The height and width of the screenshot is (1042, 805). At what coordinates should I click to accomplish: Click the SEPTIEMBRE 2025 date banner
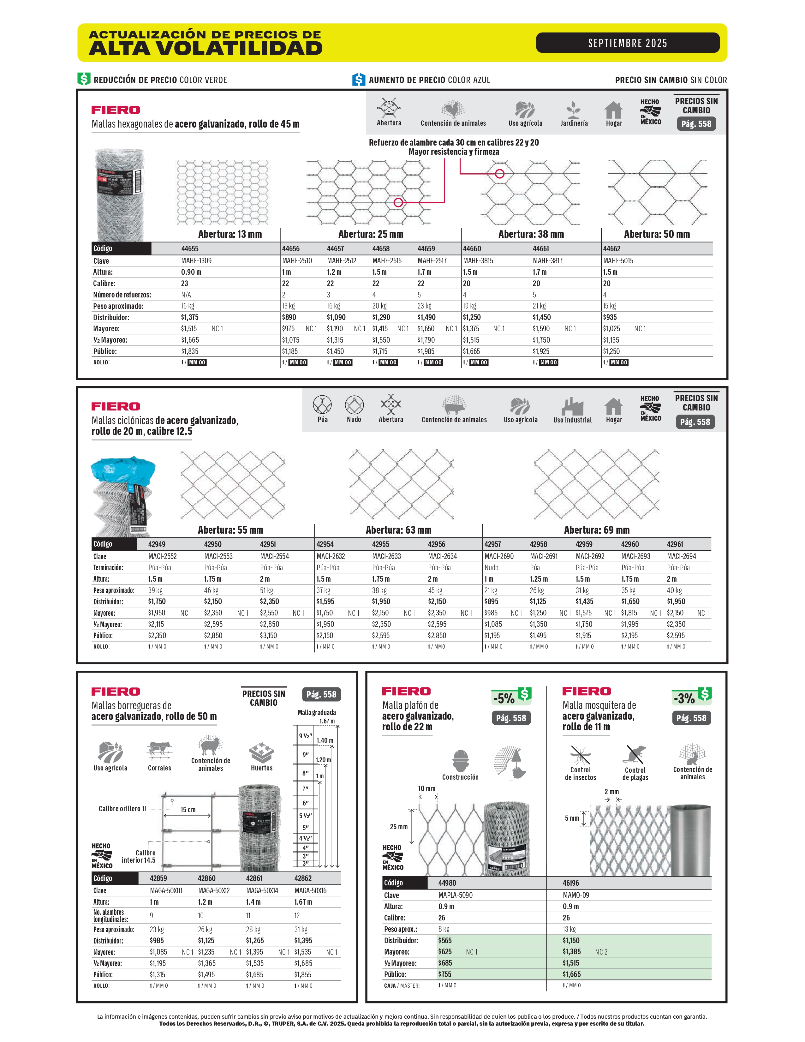pyautogui.click(x=627, y=43)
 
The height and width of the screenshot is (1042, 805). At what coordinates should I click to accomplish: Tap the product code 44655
pyautogui.click(x=190, y=249)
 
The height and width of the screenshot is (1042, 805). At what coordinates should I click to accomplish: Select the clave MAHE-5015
pyautogui.click(x=618, y=260)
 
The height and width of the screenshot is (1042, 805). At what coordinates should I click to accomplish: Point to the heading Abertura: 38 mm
pyautogui.click(x=531, y=234)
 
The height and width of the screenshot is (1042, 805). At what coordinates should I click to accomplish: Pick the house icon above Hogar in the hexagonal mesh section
pyautogui.click(x=613, y=110)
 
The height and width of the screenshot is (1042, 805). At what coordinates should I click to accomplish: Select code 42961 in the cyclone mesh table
pyautogui.click(x=675, y=544)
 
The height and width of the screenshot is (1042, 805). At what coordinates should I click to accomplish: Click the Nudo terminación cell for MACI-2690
pyautogui.click(x=491, y=567)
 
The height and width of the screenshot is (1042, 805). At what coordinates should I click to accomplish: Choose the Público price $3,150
pyautogui.click(x=269, y=636)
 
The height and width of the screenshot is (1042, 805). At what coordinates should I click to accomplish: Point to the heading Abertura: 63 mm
pyautogui.click(x=398, y=530)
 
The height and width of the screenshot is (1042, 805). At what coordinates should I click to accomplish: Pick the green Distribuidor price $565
pyautogui.click(x=445, y=940)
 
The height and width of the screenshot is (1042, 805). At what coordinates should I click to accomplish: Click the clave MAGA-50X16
pyautogui.click(x=310, y=891)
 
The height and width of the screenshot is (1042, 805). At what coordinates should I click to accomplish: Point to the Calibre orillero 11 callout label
pyautogui.click(x=122, y=809)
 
